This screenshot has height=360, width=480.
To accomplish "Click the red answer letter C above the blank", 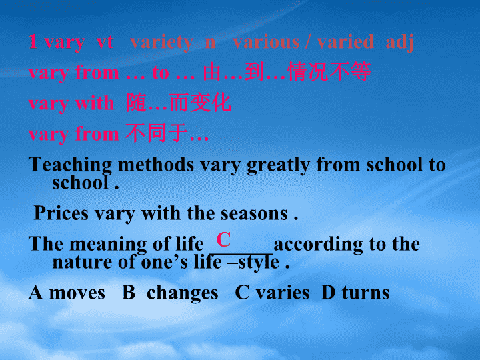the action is click(223, 239).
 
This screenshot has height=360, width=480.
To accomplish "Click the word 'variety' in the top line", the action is click(161, 42).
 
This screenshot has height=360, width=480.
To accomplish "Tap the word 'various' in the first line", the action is click(266, 42).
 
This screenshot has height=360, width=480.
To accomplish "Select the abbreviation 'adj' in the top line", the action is click(400, 42).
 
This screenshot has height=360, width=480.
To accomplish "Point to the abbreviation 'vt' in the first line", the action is click(105, 43).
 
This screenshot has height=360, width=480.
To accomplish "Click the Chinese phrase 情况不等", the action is click(330, 72).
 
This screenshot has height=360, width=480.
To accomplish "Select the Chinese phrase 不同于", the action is click(157, 133).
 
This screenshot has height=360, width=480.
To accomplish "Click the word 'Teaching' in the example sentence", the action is click(71, 165).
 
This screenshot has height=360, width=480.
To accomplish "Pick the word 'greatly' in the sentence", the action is click(278, 165).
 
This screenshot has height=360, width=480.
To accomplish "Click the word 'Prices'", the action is click(61, 213).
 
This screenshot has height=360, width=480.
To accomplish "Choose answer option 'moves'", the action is click(77, 293).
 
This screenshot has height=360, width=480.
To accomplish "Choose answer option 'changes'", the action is click(183, 293).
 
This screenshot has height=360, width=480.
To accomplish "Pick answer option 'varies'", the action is click(283, 293).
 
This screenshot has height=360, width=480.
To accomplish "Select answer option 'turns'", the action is click(366, 293).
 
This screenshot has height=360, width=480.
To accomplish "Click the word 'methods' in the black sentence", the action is click(156, 165).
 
